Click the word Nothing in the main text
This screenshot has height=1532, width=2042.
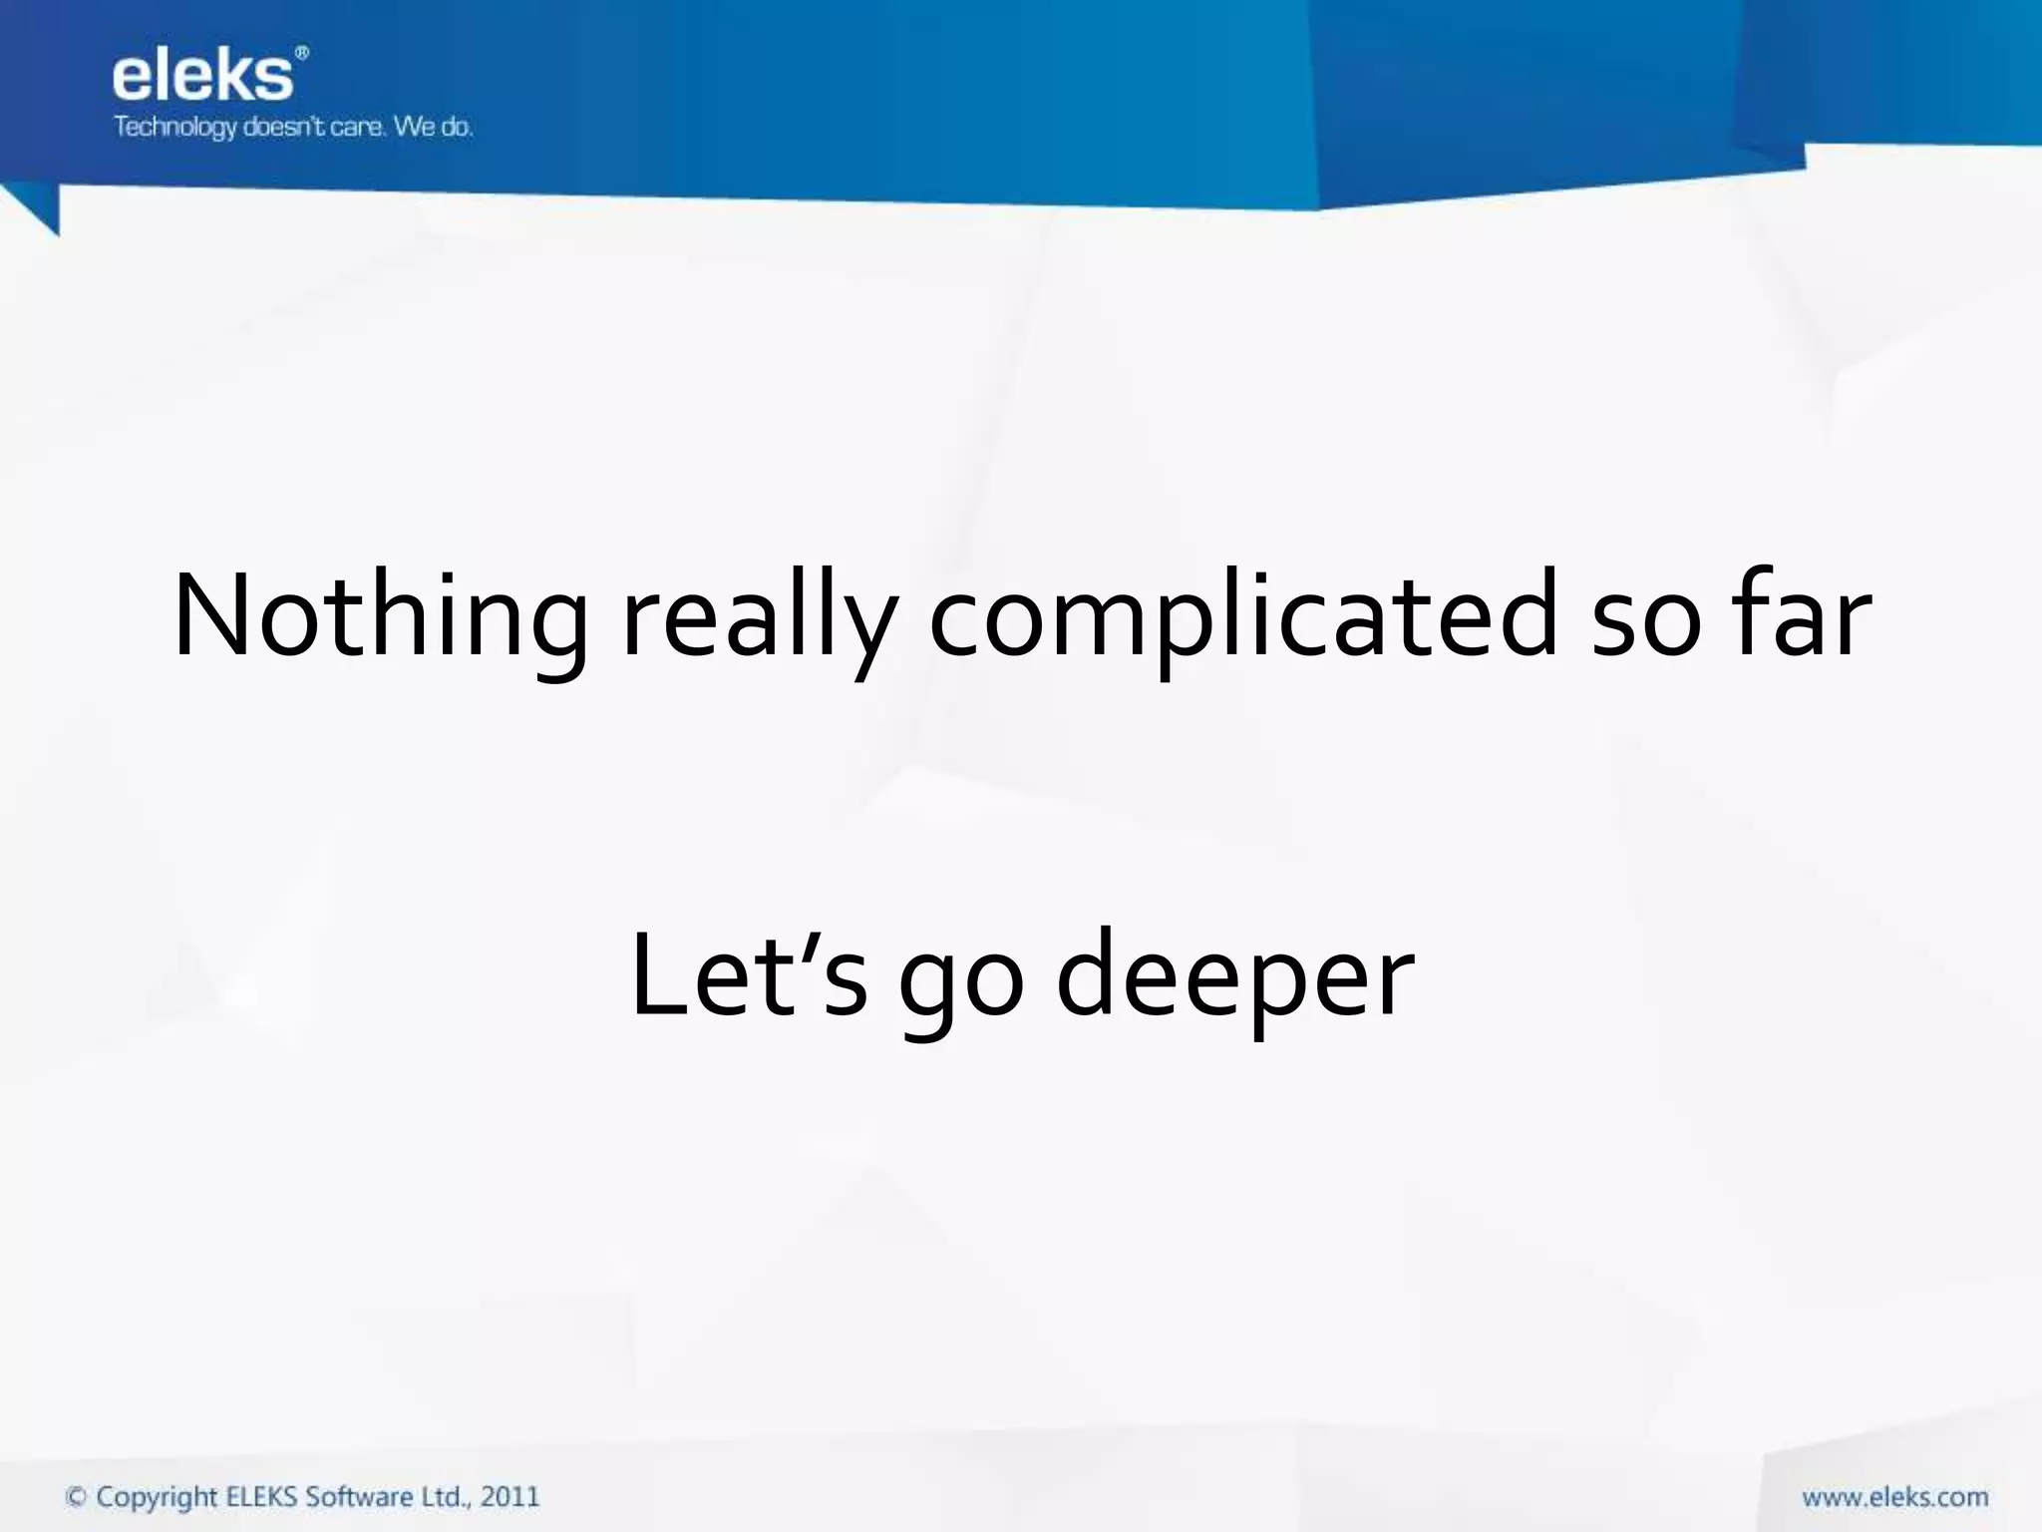tap(379, 616)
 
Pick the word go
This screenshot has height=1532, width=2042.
tap(961, 982)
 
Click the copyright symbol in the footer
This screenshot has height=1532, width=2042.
tap(76, 1497)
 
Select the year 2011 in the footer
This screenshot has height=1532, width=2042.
tap(510, 1497)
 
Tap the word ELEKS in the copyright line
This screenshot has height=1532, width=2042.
tap(262, 1497)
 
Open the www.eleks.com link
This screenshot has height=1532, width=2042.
tap(1894, 1497)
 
